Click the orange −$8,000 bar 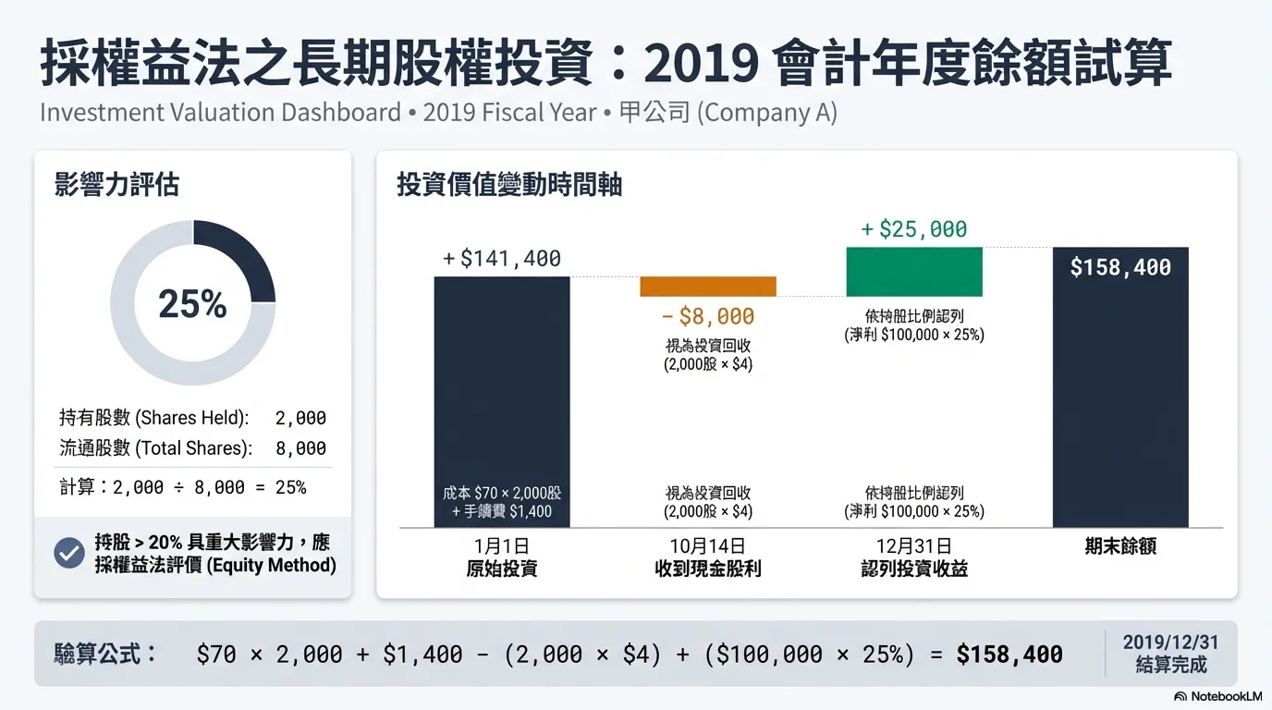coord(707,287)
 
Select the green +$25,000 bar coord(913,272)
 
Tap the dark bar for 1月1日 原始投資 coord(502,388)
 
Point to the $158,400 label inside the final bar coord(1120,267)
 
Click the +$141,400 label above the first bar coord(502,259)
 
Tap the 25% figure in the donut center coord(192,303)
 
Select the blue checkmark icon coord(69,553)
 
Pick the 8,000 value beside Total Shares coord(300,448)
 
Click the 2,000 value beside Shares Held coord(300,418)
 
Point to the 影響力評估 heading coord(116,185)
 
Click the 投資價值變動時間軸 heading coord(509,185)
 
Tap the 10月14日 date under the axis coord(707,546)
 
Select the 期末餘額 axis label coord(1120,546)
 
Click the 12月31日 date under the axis coord(913,546)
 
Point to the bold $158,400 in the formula coord(1009,655)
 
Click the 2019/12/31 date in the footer coord(1170,643)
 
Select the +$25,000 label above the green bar coord(913,229)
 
